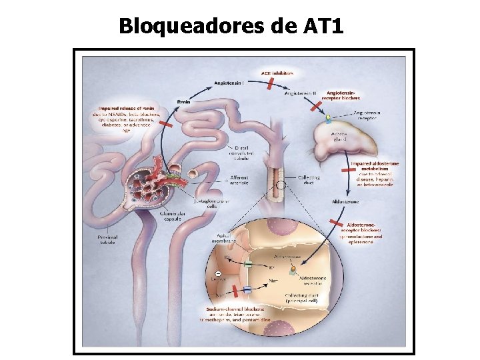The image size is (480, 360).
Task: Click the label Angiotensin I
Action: click(229, 83)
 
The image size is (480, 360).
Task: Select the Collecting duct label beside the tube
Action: click(309, 180)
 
